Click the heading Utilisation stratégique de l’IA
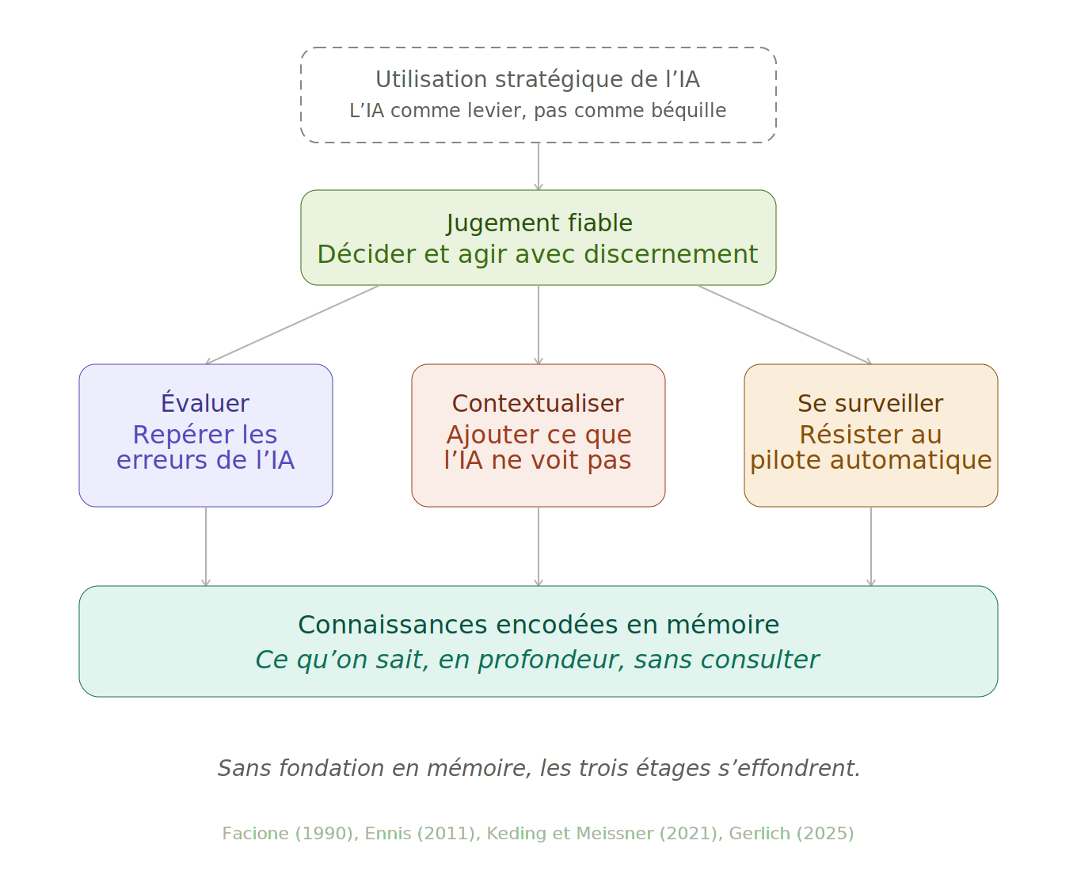point(538,79)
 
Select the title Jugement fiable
point(538,223)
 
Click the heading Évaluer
point(205,403)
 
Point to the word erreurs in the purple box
point(154,460)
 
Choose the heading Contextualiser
point(538,403)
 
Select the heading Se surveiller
point(870,403)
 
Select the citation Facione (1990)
point(290,833)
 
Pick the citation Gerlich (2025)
point(791,833)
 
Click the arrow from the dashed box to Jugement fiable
point(538,166)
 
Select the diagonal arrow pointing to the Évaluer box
point(293,325)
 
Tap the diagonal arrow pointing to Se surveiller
point(784,325)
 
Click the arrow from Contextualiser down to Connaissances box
point(538,546)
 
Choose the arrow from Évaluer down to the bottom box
point(206,546)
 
